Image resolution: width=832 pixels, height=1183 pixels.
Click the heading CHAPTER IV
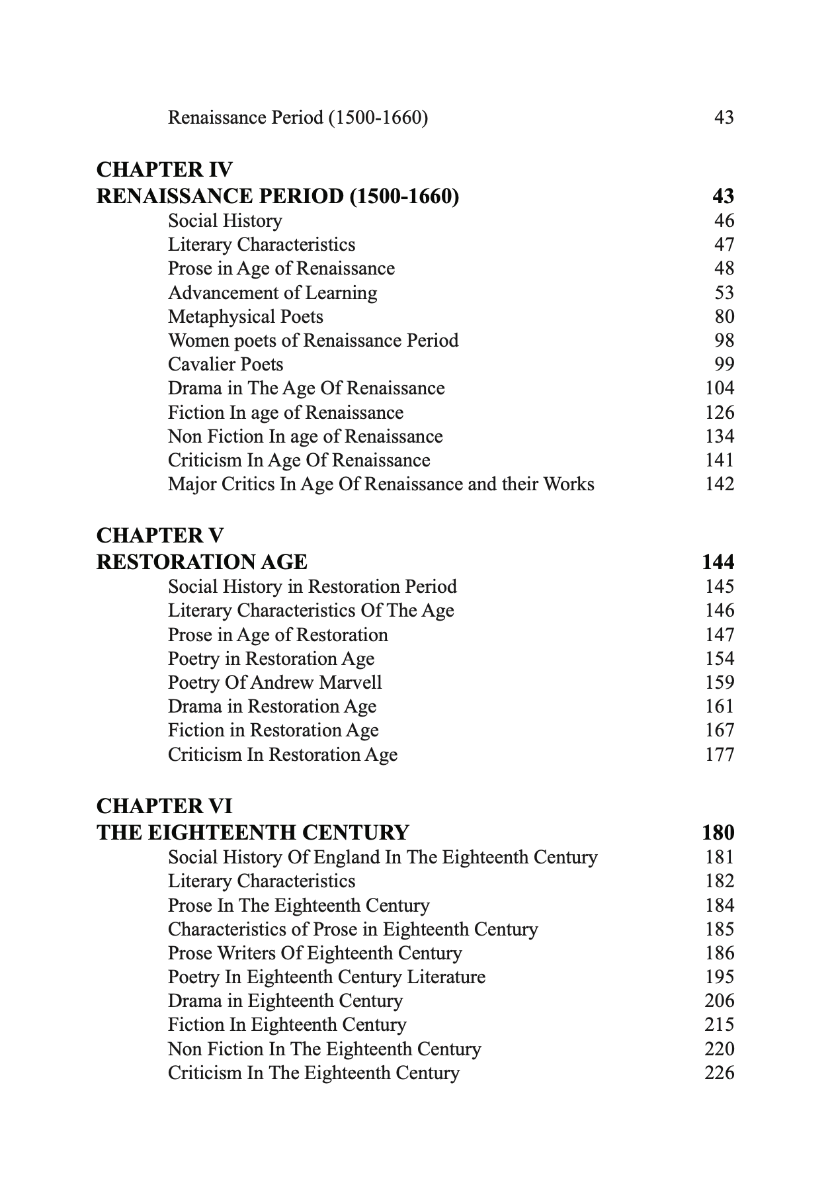click(x=164, y=170)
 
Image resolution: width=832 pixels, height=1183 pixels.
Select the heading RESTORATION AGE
click(x=202, y=562)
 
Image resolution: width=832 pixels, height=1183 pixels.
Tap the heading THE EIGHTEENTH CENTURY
click(x=253, y=833)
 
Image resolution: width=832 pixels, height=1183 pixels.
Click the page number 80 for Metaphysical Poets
click(x=724, y=317)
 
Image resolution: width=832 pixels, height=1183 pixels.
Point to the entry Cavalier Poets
click(x=226, y=365)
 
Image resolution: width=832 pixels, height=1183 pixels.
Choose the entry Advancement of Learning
click(x=272, y=293)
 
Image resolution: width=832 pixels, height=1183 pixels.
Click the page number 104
click(x=720, y=388)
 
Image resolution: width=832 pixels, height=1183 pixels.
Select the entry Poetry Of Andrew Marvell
click(x=274, y=683)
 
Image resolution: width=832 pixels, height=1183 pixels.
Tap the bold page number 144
click(x=718, y=562)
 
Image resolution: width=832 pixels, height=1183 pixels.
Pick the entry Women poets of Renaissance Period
click(x=313, y=341)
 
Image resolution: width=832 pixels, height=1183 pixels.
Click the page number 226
click(x=720, y=1073)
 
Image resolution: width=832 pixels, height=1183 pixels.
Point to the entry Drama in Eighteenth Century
click(x=285, y=1001)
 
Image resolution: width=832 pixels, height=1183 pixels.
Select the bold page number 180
click(x=718, y=833)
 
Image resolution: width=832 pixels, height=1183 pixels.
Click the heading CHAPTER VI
click(x=164, y=807)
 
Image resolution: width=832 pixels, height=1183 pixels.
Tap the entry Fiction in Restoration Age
click(x=273, y=730)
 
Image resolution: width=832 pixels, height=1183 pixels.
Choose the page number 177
click(x=720, y=755)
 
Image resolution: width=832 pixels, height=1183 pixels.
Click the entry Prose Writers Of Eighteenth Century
click(x=315, y=953)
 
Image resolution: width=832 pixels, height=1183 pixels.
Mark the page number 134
click(x=720, y=437)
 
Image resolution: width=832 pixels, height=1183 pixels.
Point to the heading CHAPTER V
click(x=160, y=536)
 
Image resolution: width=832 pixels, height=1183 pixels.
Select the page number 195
click(x=720, y=977)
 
